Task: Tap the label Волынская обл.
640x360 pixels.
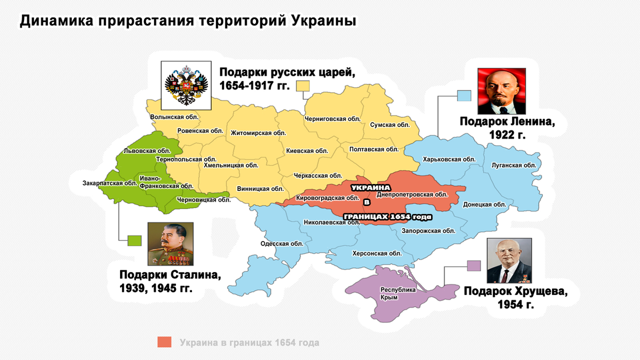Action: click(x=174, y=117)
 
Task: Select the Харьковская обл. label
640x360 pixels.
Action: click(x=449, y=159)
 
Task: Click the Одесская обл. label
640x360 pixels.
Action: click(x=282, y=244)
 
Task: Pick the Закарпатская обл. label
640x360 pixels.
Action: click(x=110, y=183)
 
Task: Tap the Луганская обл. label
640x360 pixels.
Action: click(x=514, y=165)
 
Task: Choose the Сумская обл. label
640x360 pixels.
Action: click(x=390, y=125)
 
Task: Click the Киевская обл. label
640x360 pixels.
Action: click(x=307, y=151)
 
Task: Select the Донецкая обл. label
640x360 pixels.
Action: click(x=485, y=204)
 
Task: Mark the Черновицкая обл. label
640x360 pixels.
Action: click(x=203, y=200)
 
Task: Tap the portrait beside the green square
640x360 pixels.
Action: click(x=170, y=244)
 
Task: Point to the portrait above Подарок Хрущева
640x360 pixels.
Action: click(x=509, y=261)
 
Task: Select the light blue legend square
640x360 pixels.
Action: click(x=464, y=96)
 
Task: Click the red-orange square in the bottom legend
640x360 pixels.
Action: click(x=165, y=342)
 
